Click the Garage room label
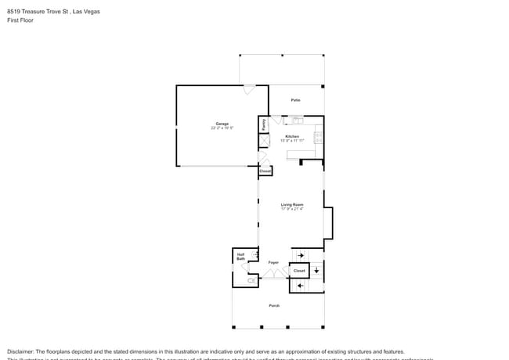pos(222,124)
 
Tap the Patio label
pos(296,100)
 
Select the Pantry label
pos(265,124)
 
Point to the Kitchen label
pos(292,136)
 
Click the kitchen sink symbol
pos(298,121)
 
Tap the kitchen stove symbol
pos(318,137)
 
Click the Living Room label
pos(292,204)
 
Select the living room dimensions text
pos(292,209)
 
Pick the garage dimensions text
pos(222,128)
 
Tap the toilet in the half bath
pos(251,279)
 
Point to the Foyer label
pos(273,262)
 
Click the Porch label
pos(274,305)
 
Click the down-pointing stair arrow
pos(316,271)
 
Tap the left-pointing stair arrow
pos(301,286)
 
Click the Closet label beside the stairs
pos(299,271)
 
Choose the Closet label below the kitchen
pos(265,171)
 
